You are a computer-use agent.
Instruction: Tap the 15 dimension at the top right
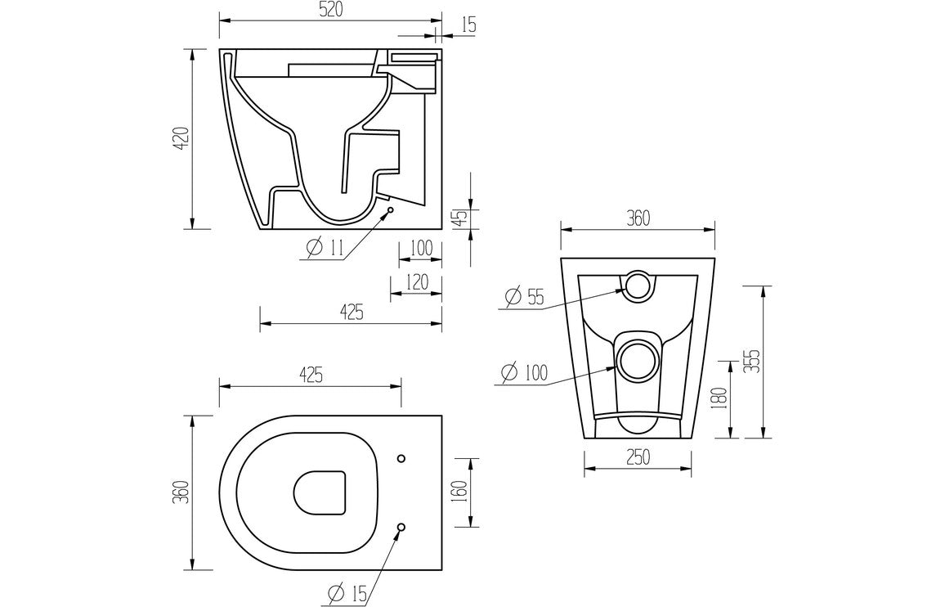(x=468, y=25)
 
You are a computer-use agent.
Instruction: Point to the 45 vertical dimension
(x=460, y=218)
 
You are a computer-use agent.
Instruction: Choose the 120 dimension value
(x=417, y=283)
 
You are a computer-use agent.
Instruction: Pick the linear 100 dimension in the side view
(x=420, y=248)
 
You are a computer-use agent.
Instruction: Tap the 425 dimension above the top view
(x=309, y=374)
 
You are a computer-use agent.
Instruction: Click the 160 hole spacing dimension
(x=459, y=491)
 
